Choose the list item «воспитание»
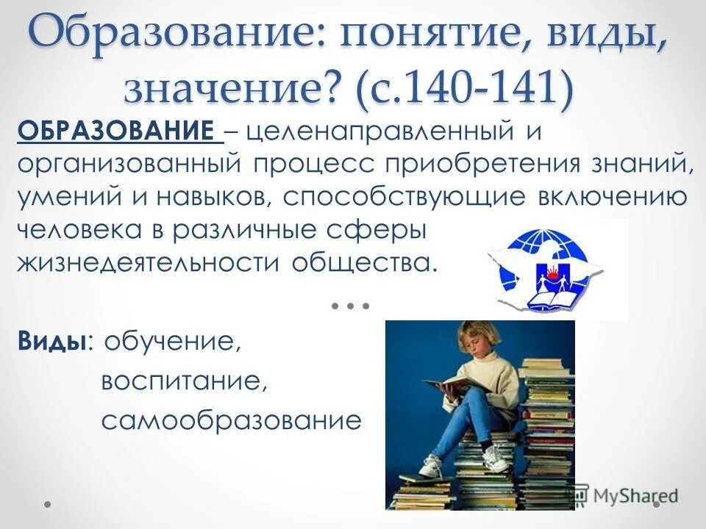click(x=182, y=382)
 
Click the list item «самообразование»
click(x=232, y=421)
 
